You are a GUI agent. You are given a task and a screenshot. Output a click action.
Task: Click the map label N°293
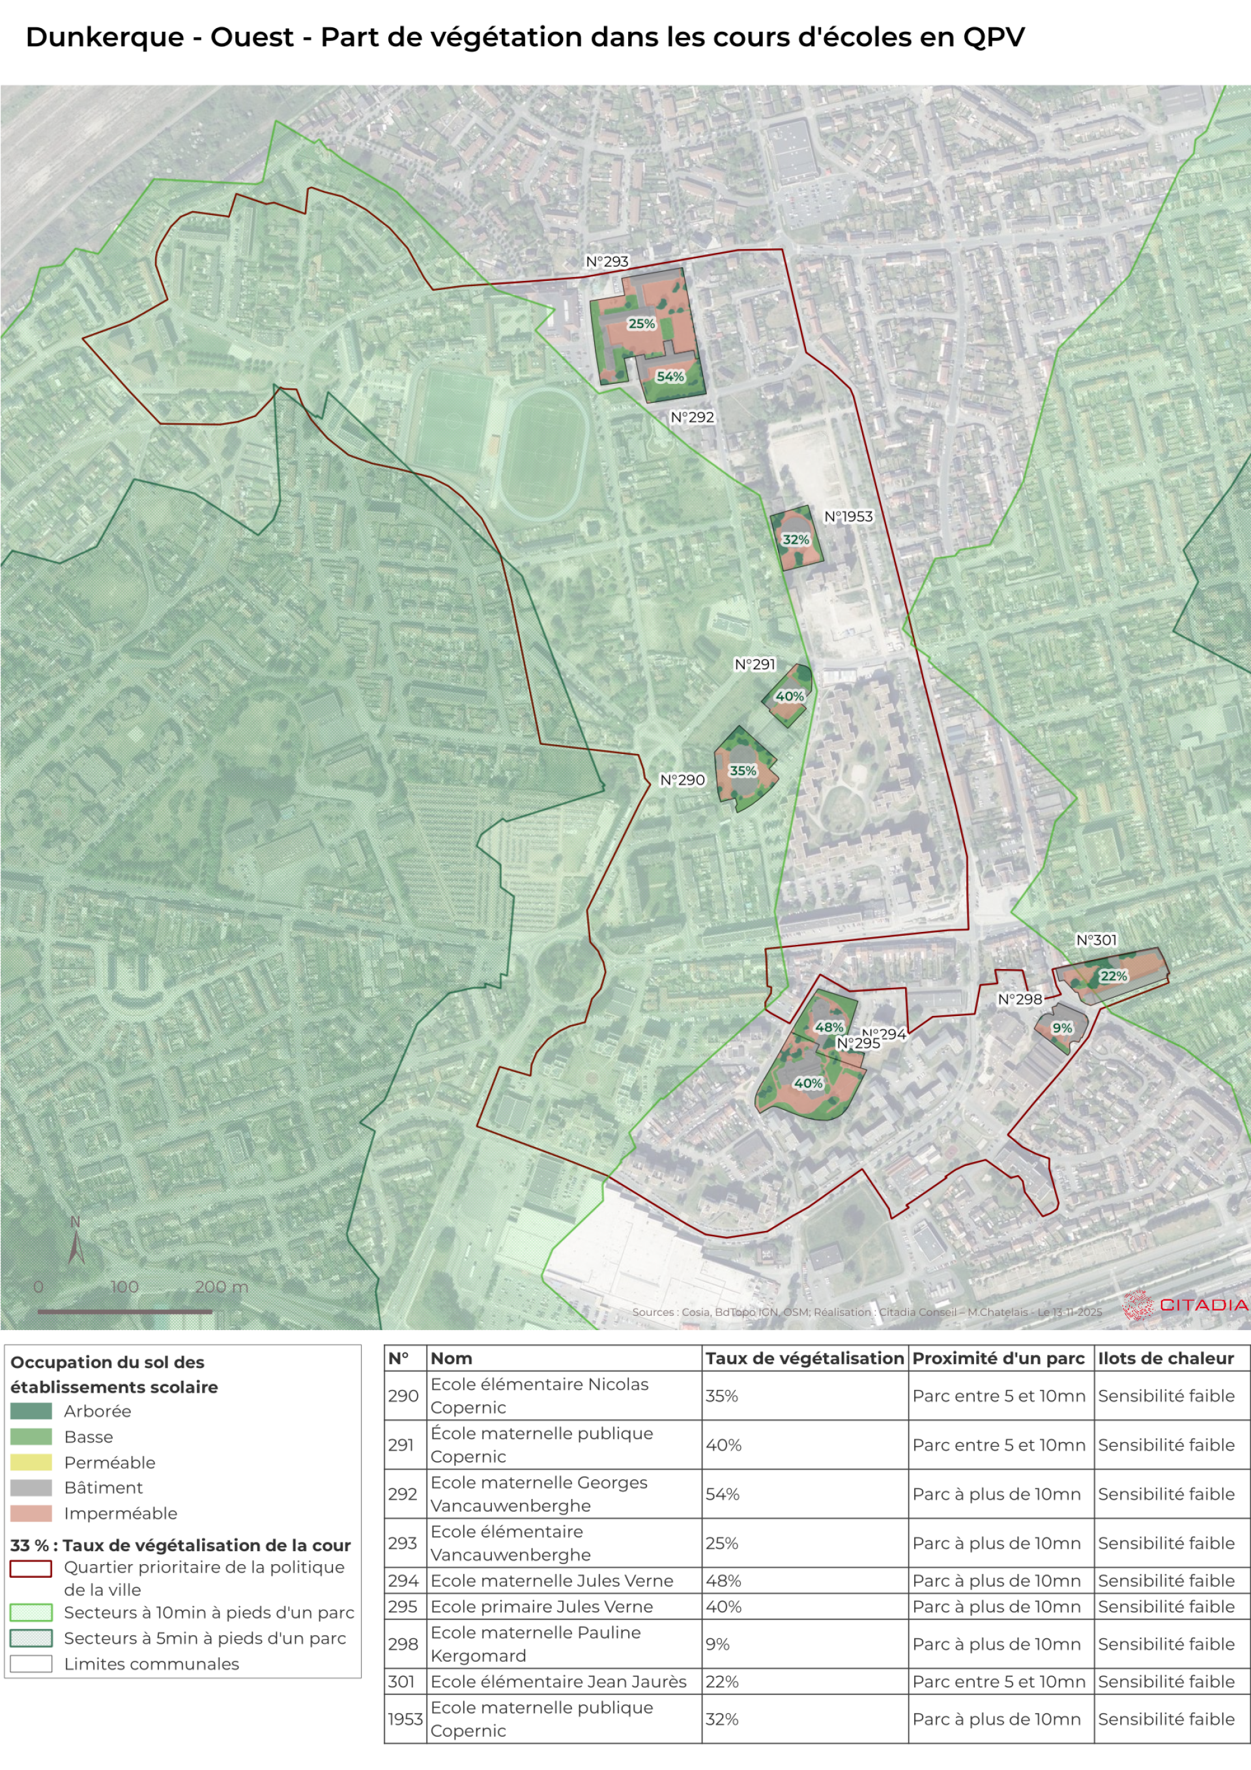click(607, 261)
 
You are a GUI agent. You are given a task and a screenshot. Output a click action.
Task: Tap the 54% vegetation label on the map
click(670, 377)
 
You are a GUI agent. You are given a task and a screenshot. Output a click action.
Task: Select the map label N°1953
click(848, 517)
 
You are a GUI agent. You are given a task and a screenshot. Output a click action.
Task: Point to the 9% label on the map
click(1062, 1028)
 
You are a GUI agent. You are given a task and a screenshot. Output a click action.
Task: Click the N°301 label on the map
click(1096, 940)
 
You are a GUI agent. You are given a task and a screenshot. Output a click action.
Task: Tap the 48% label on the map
click(829, 1027)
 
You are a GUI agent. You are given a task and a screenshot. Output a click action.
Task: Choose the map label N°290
click(682, 780)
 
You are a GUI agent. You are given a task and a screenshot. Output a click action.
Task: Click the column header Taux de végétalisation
click(804, 1358)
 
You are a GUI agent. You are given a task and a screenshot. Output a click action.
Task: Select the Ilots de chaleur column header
click(1166, 1358)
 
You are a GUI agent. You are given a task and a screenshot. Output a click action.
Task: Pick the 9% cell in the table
click(717, 1644)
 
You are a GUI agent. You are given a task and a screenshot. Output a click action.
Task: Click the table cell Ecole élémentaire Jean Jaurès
click(558, 1681)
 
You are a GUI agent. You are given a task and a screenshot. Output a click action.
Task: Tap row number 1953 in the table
click(405, 1719)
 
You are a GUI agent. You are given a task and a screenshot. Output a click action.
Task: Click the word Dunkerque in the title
click(105, 37)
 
